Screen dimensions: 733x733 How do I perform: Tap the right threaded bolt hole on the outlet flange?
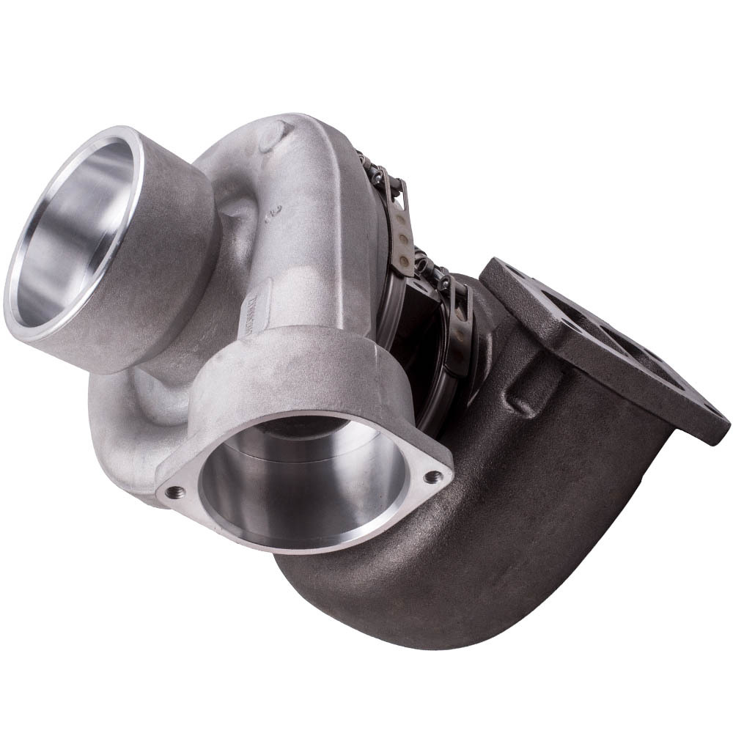click(x=432, y=476)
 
